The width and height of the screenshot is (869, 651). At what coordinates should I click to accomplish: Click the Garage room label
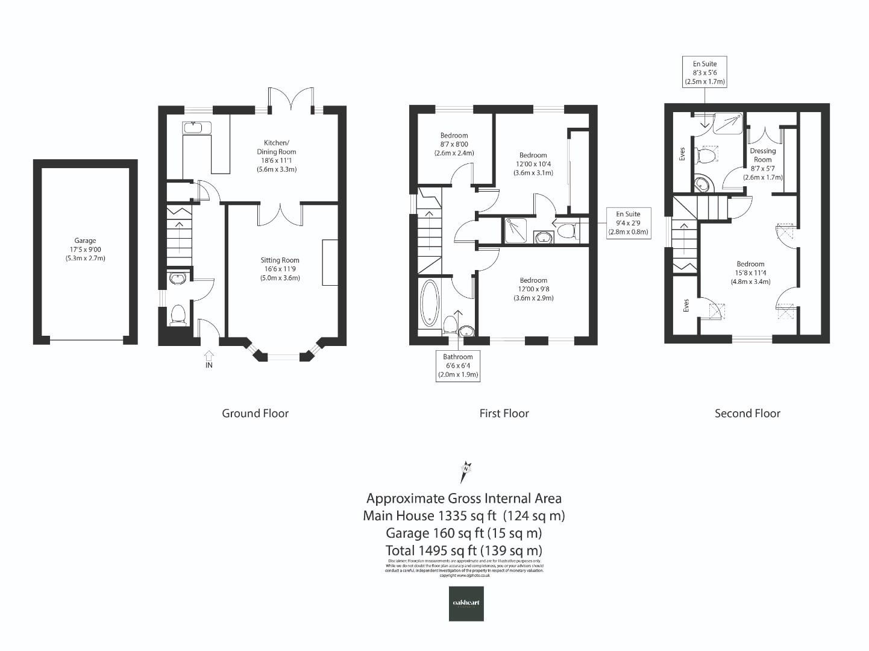click(x=85, y=249)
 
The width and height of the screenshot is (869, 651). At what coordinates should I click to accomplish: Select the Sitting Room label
click(x=280, y=269)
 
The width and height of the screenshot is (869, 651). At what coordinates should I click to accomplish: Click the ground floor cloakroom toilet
click(x=178, y=315)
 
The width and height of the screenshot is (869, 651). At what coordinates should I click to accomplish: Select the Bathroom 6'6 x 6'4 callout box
click(x=458, y=366)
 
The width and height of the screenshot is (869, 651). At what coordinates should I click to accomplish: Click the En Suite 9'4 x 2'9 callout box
click(x=628, y=222)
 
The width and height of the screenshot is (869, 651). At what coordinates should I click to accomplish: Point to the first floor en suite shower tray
click(x=516, y=230)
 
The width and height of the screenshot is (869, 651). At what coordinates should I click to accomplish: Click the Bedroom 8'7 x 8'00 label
click(x=454, y=144)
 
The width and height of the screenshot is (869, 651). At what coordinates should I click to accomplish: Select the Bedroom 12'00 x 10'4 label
click(x=533, y=164)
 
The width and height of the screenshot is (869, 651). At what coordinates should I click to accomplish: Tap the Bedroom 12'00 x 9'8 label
click(x=533, y=289)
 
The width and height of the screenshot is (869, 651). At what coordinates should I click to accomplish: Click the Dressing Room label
click(x=762, y=164)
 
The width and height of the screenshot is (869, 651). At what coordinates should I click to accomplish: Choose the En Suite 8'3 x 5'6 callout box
click(x=704, y=72)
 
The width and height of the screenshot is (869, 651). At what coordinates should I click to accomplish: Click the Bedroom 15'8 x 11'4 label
click(x=750, y=272)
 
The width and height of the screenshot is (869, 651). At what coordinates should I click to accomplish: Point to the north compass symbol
click(x=465, y=471)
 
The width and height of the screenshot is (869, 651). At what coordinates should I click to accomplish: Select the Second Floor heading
click(x=747, y=414)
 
